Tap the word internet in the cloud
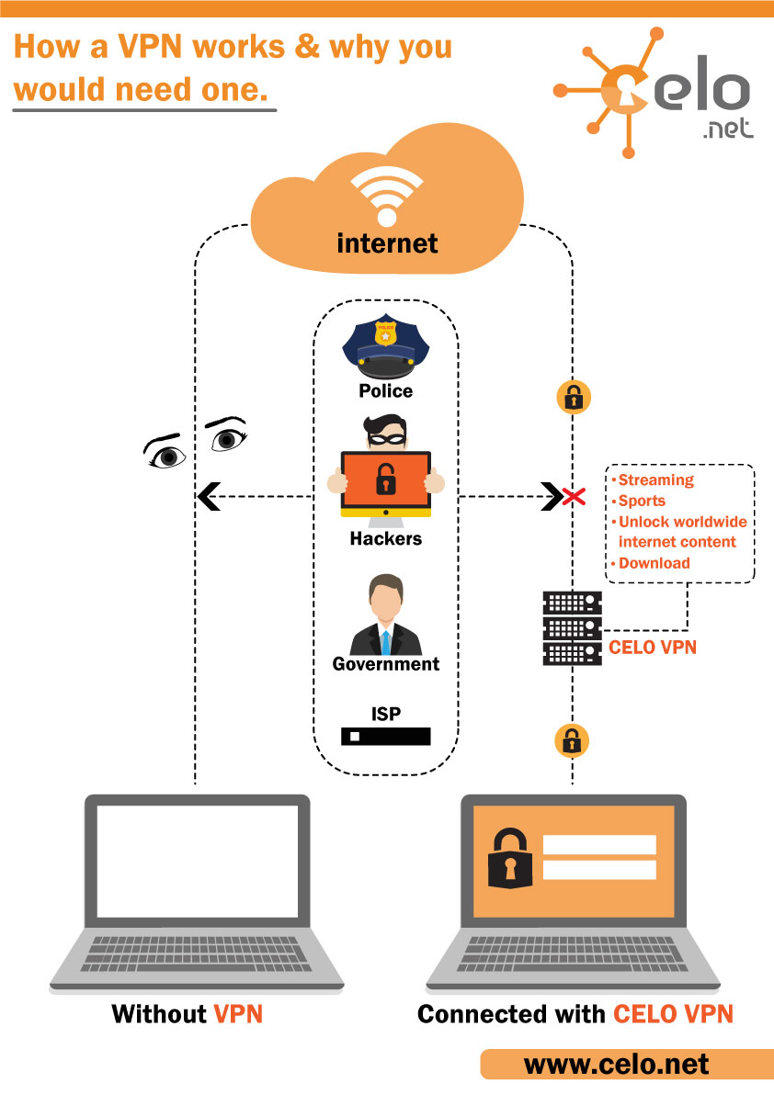pyautogui.click(x=387, y=243)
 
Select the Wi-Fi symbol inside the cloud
pyautogui.click(x=387, y=196)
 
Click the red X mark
pyautogui.click(x=575, y=498)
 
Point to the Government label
pyautogui.click(x=386, y=664)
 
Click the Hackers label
pyautogui.click(x=386, y=539)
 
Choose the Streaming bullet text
pyautogui.click(x=655, y=480)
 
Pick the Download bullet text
pyautogui.click(x=654, y=563)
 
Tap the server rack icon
pyautogui.click(x=572, y=628)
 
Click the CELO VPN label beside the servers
pyautogui.click(x=653, y=648)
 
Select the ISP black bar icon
pyautogui.click(x=386, y=737)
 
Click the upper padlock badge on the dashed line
pyautogui.click(x=573, y=398)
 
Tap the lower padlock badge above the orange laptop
pyautogui.click(x=571, y=739)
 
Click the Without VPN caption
pyautogui.click(x=188, y=1014)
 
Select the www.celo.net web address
pyautogui.click(x=617, y=1065)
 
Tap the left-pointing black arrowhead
pyautogui.click(x=207, y=498)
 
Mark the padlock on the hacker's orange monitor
pyautogui.click(x=385, y=479)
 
